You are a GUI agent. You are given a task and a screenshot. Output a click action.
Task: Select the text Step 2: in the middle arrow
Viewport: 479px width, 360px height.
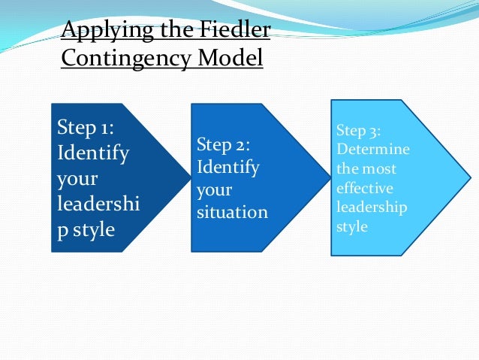point(222,144)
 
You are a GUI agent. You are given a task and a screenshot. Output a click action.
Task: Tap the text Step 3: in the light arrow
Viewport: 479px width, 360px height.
point(359,132)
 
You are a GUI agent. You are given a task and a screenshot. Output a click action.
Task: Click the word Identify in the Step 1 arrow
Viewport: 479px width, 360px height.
point(93,153)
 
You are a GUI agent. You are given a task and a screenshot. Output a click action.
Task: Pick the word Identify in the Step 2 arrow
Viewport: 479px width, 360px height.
point(227,166)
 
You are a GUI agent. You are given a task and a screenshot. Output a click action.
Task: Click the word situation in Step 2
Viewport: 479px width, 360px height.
point(231,213)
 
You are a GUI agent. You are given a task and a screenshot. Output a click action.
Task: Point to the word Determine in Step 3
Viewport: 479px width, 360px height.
point(373,150)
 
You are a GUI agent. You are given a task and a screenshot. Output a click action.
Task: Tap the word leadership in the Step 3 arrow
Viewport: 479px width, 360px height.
point(372,207)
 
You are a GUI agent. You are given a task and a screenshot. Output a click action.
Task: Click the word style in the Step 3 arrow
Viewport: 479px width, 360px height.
point(352,225)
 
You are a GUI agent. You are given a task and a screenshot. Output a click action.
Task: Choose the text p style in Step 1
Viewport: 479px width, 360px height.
point(86,229)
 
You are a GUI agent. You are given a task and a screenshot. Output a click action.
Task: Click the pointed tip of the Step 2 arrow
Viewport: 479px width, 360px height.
point(330,177)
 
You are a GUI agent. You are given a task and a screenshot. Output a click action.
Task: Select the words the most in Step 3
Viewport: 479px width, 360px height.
point(366,169)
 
